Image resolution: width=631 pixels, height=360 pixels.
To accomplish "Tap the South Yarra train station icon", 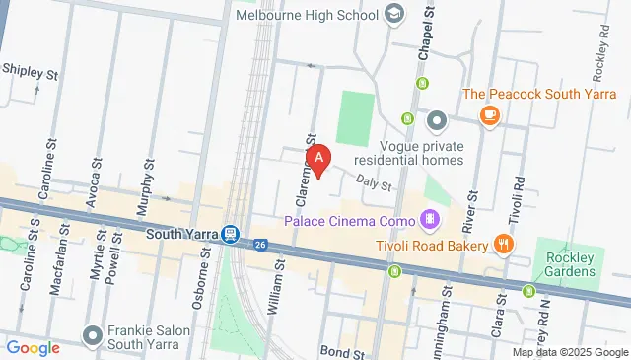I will pyautogui.click(x=230, y=234).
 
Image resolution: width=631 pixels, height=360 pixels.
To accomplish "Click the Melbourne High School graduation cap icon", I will pyautogui.click(x=394, y=14).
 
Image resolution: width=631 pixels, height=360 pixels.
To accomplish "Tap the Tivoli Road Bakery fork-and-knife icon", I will pyautogui.click(x=503, y=244).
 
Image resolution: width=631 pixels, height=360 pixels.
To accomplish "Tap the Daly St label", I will pyautogui.click(x=375, y=183).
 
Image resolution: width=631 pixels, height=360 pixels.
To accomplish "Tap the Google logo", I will pyautogui.click(x=33, y=347).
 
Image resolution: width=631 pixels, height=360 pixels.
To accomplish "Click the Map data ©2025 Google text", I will pyautogui.click(x=570, y=352).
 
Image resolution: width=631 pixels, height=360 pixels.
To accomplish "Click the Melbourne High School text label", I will pyautogui.click(x=308, y=15).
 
